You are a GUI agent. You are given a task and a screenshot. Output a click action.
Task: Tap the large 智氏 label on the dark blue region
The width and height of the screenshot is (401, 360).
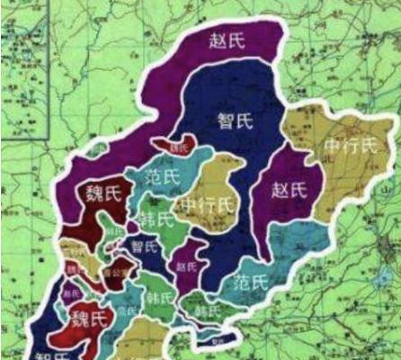coord(235,121)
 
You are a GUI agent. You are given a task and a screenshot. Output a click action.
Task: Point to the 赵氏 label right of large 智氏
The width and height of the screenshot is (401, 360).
coord(289,189)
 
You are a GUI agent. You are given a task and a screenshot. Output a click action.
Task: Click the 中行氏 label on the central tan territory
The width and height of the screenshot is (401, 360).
coord(205,206)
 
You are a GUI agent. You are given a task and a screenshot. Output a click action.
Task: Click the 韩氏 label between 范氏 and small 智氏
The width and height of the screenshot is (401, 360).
coord(156,219)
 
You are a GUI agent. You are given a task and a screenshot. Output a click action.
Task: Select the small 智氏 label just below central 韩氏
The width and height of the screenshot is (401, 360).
coord(144,245)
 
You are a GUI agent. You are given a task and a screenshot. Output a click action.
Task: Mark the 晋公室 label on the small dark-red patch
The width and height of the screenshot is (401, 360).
coord(111,269)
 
